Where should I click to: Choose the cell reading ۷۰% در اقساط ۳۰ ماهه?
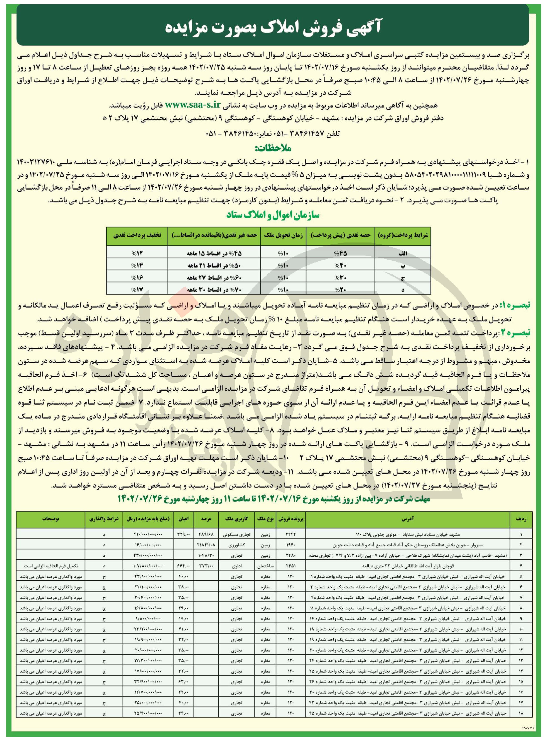[x=214, y=290]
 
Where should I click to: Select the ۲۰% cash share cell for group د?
[x=340, y=290]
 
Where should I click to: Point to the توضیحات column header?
[x=51, y=519]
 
